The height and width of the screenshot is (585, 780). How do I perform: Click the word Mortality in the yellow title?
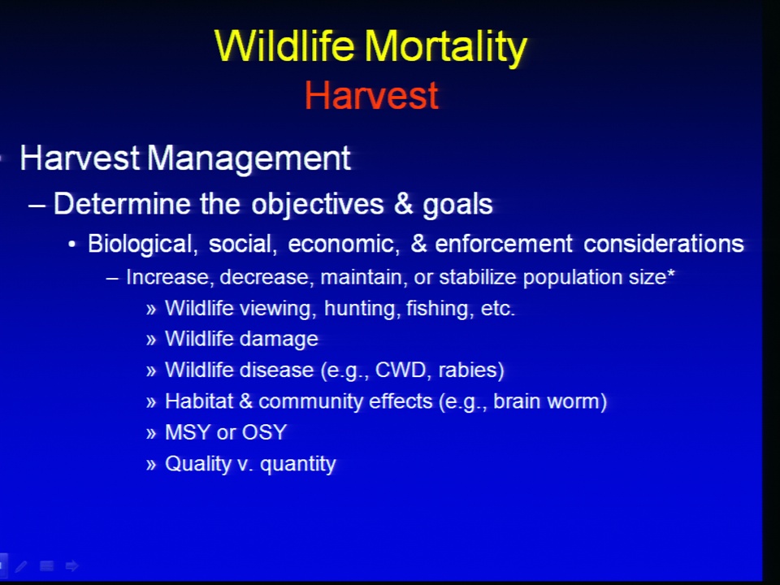click(x=446, y=47)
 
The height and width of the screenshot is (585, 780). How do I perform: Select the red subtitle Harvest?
click(x=371, y=95)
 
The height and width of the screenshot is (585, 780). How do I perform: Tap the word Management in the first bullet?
click(x=249, y=159)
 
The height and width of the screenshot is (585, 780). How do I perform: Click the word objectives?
click(x=318, y=204)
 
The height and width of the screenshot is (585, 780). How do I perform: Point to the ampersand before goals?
click(x=404, y=203)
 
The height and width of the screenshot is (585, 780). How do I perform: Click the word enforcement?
click(x=504, y=244)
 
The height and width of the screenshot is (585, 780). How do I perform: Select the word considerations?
click(x=664, y=244)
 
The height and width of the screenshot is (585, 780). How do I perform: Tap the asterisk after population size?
click(x=671, y=273)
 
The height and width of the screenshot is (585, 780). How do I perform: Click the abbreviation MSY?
click(x=188, y=432)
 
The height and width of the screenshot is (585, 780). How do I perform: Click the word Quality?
click(x=198, y=464)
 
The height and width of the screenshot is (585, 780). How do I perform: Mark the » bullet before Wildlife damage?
click(x=151, y=340)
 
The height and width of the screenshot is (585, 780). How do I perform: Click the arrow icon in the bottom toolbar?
click(x=71, y=565)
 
